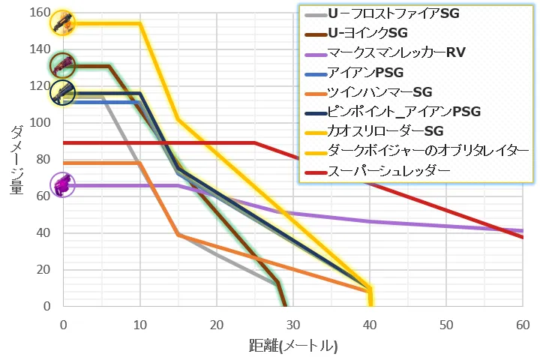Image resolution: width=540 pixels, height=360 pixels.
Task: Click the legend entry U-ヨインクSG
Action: [367, 34]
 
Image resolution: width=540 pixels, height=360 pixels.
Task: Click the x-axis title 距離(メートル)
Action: [292, 347]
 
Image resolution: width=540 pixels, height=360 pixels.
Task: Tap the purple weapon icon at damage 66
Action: [62, 184]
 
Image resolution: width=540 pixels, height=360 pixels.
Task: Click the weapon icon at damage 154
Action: [62, 23]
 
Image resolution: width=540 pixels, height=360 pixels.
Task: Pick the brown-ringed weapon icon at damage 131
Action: [62, 65]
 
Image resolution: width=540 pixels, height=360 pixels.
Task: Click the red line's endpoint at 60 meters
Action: [523, 237]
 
